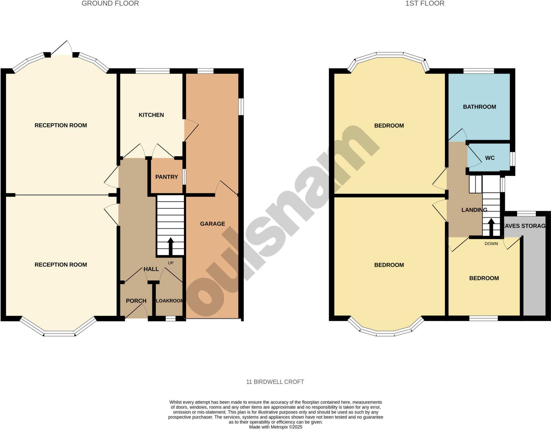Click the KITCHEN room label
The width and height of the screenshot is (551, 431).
151,115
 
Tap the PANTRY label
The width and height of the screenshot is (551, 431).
167,177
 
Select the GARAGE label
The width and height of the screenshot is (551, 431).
212,224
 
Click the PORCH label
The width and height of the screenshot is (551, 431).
136,301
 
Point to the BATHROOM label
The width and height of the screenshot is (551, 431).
479,107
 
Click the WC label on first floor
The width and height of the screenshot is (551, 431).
490,158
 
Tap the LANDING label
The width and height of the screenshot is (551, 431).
474,210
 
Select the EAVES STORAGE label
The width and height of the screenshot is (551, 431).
524,226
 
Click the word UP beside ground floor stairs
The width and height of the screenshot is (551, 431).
171,263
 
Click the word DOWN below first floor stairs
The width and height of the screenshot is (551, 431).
491,244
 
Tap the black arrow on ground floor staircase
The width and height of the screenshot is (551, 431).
171,246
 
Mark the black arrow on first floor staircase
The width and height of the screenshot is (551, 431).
491,227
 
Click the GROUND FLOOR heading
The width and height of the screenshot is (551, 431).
110,3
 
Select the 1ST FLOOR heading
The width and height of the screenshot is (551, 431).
425,3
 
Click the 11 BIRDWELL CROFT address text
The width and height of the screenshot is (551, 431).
275,382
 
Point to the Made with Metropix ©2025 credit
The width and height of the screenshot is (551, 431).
275,427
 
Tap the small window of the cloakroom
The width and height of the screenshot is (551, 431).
170,318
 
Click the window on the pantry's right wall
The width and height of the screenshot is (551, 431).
184,177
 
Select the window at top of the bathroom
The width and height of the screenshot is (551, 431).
479,71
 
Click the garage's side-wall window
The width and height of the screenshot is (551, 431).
241,107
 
